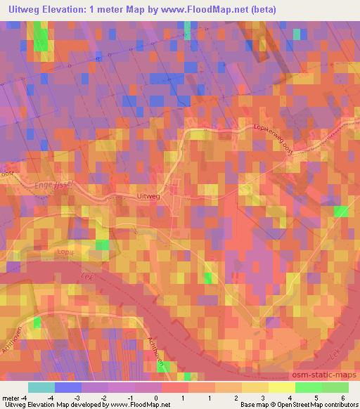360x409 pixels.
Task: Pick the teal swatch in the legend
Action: pyautogui.click(x=41, y=387)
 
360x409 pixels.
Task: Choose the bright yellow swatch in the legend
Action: pyautogui.click(x=281, y=387)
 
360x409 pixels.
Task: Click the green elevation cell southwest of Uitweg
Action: pyautogui.click(x=103, y=245)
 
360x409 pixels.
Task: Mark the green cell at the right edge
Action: pyautogui.click(x=341, y=212)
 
